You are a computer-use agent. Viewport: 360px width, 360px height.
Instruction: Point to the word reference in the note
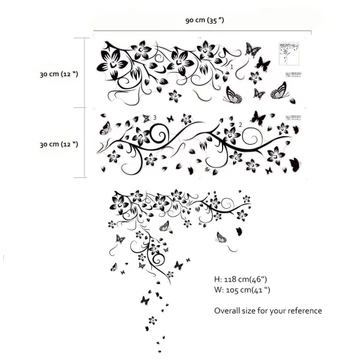click(x=302, y=311)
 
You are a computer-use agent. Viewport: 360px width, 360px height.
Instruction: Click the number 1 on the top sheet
click(x=231, y=66)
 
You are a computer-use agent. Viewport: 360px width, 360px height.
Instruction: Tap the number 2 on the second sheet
click(x=241, y=124)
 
